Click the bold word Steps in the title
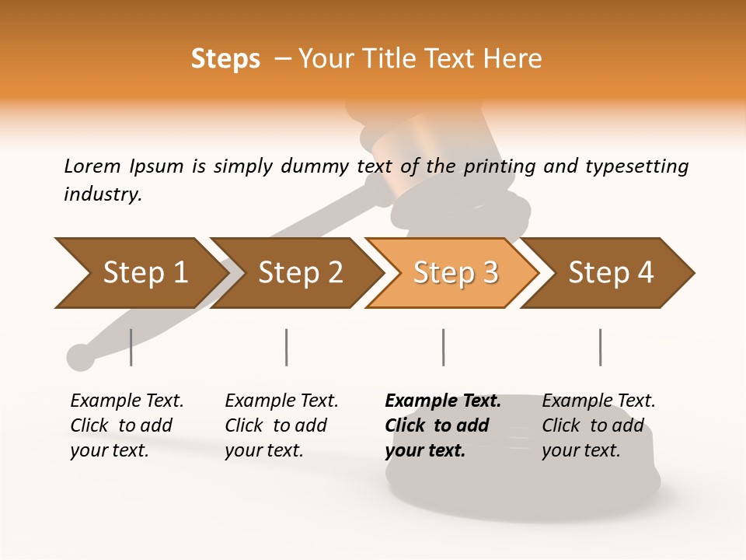[x=225, y=59]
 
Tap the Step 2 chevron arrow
[x=295, y=273]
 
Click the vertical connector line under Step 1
[x=131, y=347]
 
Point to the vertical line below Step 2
[x=287, y=347]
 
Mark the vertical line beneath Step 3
[x=443, y=347]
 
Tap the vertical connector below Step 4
[x=600, y=347]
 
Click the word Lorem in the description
[x=92, y=166]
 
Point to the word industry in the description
[x=102, y=194]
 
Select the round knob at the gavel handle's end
[x=80, y=357]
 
